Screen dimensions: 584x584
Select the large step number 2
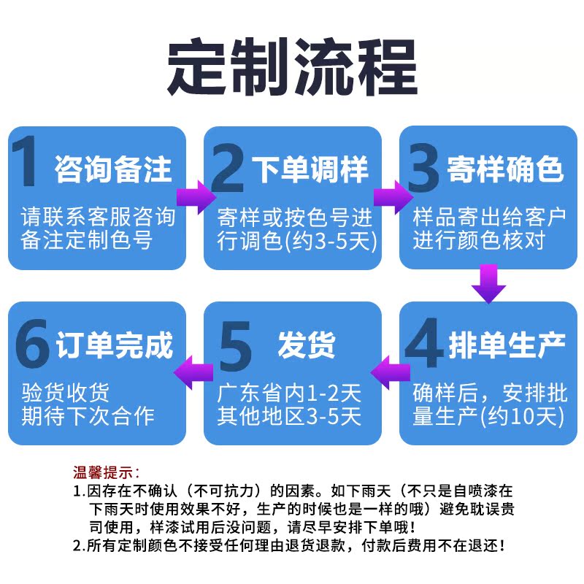tap(227, 166)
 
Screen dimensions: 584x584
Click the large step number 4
tap(423, 341)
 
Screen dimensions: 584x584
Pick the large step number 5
tap(235, 342)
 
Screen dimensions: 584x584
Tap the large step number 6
tap(32, 342)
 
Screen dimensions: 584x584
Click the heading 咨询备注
tap(114, 170)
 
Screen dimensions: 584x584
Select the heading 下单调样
tap(310, 170)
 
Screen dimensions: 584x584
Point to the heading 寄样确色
tap(505, 170)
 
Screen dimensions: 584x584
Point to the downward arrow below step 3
tap(488, 285)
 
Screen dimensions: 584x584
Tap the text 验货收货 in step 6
tap(65, 393)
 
